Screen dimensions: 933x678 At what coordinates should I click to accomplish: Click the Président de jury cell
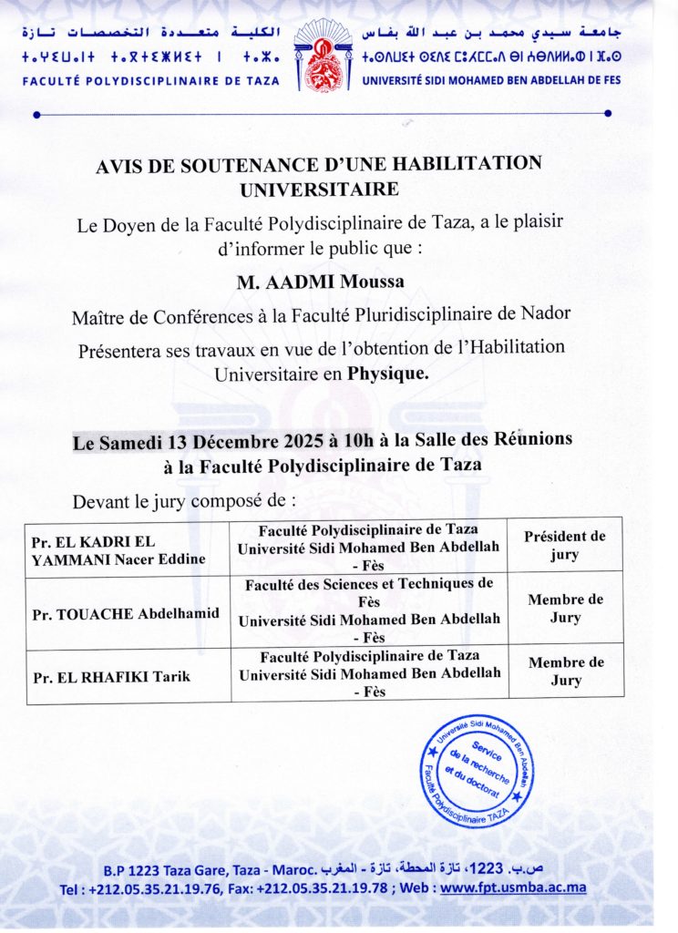pos(564,545)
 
